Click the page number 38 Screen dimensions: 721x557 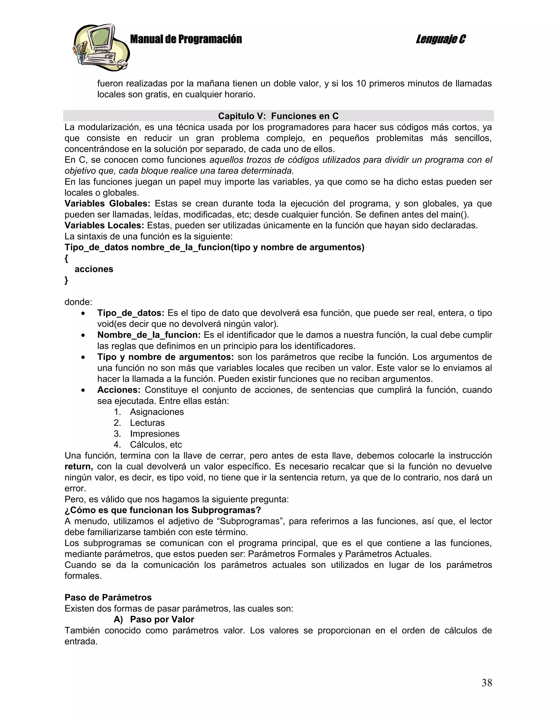486,682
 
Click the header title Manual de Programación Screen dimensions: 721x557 186,39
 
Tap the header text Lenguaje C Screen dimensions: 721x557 441,39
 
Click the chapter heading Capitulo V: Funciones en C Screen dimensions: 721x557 278,116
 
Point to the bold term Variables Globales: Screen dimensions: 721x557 107,204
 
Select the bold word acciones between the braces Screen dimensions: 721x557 94,269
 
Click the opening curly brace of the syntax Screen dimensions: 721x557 66,258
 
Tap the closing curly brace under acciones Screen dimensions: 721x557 66,280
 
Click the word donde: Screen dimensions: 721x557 78,302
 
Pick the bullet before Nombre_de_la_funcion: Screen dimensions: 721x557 83,335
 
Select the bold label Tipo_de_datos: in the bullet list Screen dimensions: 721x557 131,313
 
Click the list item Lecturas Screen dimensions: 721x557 147,423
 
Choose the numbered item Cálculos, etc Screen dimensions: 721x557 156,444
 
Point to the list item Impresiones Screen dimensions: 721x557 154,433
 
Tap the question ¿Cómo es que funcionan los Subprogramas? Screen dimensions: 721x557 163,510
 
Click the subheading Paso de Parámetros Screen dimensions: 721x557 108,597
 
